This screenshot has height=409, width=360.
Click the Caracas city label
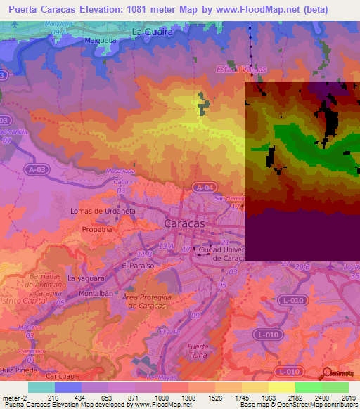(184, 223)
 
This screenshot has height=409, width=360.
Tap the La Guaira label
(151, 32)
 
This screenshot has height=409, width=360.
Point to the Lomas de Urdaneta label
(103, 211)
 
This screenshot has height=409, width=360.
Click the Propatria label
(96, 229)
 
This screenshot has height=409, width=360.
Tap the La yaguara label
(86, 278)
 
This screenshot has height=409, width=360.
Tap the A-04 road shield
(203, 187)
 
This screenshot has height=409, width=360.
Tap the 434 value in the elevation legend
(69, 398)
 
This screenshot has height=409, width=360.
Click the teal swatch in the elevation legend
(41, 387)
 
